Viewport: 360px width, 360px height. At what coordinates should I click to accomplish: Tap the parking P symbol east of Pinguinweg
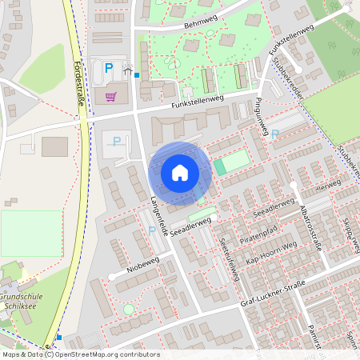[x=276, y=135]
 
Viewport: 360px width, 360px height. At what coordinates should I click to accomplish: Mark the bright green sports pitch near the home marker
[x=231, y=164]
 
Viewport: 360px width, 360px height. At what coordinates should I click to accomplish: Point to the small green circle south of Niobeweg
[x=129, y=309]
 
